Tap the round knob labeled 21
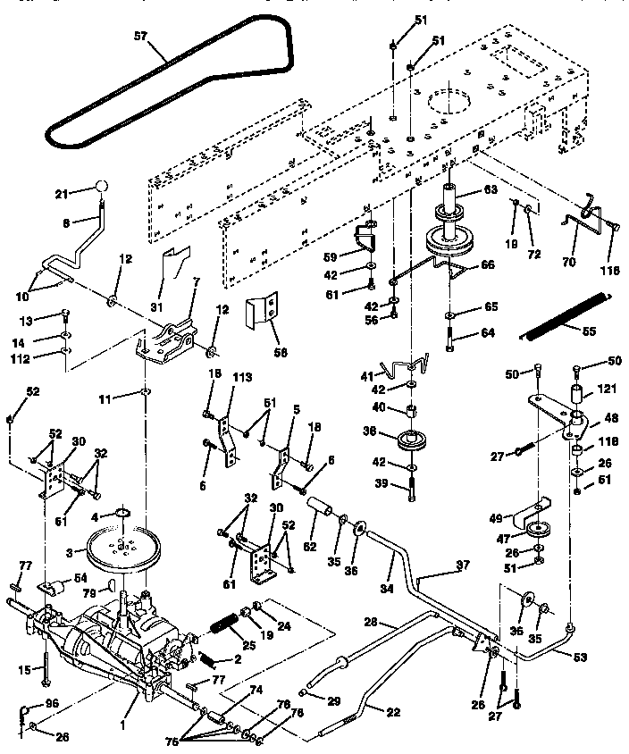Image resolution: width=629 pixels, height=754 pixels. pyautogui.click(x=100, y=187)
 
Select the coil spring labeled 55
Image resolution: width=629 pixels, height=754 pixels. pyautogui.click(x=566, y=315)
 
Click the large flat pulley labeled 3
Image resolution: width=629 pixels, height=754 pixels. pyautogui.click(x=124, y=547)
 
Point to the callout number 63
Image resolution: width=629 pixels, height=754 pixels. pyautogui.click(x=490, y=189)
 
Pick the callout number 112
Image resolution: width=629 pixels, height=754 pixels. pyautogui.click(x=45, y=361)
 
